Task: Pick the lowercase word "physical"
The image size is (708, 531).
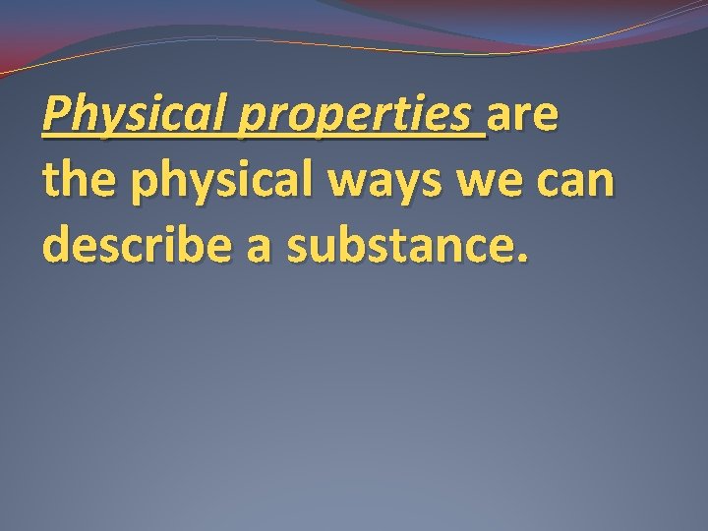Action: click(223, 184)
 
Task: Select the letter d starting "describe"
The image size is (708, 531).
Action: click(57, 246)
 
